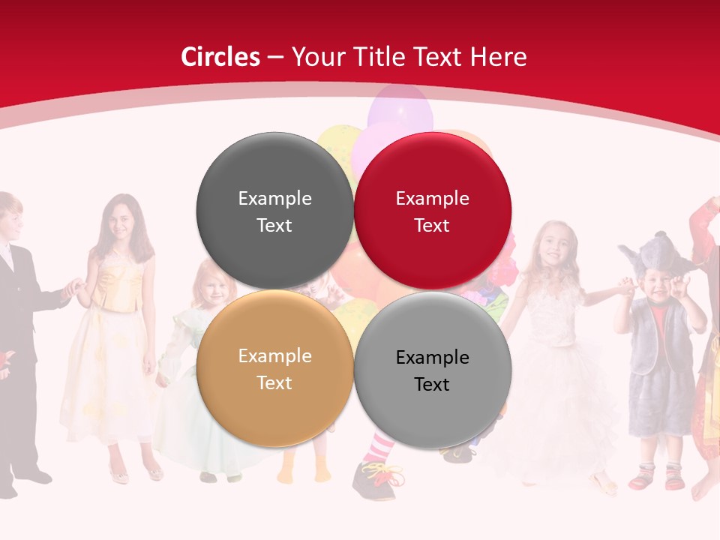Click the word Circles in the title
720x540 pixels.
(x=220, y=57)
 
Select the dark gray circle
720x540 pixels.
(x=274, y=211)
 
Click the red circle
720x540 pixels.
(x=432, y=211)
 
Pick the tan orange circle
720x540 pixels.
(x=274, y=369)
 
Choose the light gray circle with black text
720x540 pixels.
(x=432, y=370)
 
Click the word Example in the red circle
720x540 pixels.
(x=432, y=199)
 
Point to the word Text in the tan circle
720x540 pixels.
(x=274, y=383)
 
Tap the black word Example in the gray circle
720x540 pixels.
(x=432, y=358)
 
